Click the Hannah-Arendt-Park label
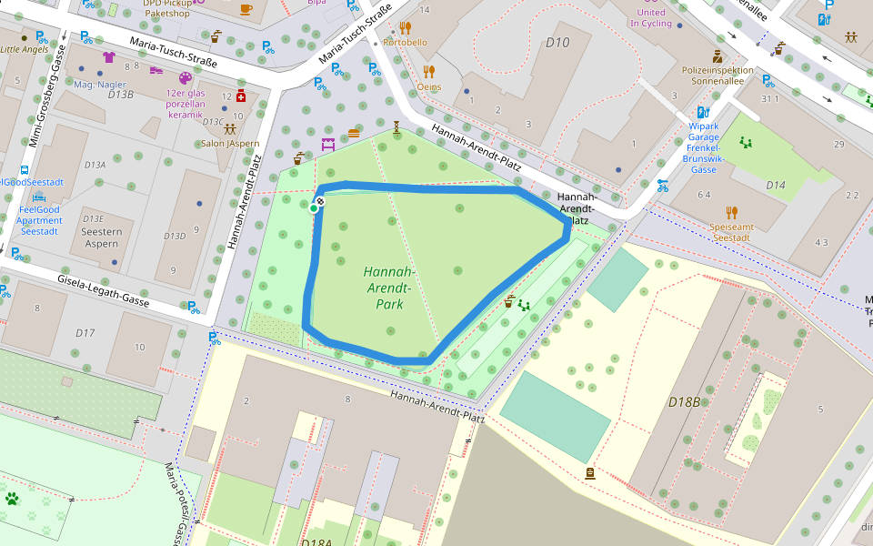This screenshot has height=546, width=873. click(389, 288)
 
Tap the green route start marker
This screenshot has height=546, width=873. click(314, 208)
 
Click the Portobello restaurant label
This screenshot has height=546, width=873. click(405, 42)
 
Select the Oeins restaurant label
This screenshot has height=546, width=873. click(428, 87)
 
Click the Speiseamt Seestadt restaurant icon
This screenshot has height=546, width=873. click(732, 214)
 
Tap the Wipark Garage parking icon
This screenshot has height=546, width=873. click(703, 113)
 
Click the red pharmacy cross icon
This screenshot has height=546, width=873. click(241, 96)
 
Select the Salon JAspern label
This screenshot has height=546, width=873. click(229, 143)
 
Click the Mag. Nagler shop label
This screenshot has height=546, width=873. click(100, 85)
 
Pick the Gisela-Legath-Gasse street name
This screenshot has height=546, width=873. click(103, 288)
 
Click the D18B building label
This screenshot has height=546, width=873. click(684, 401)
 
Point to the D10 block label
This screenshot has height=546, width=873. click(557, 43)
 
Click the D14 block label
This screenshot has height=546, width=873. click(775, 185)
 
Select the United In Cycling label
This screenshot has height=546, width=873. click(652, 18)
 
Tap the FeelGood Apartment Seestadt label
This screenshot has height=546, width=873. click(39, 220)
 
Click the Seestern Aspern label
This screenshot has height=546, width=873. click(101, 238)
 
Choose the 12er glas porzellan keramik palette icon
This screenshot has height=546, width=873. click(186, 78)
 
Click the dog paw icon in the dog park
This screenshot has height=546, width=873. click(12, 499)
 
